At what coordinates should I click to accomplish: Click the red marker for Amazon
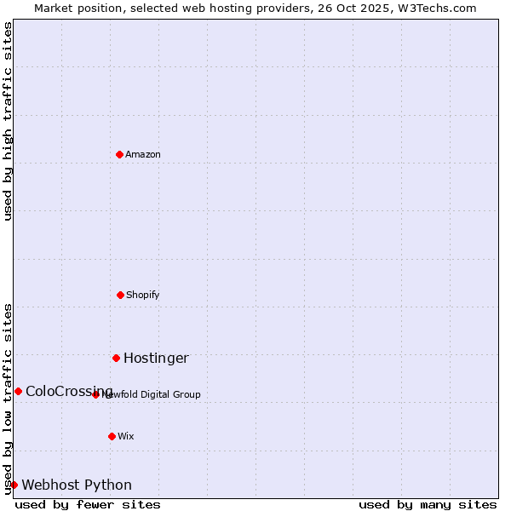[119, 154]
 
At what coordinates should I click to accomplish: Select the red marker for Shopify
[120, 295]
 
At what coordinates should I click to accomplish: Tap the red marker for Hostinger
[116, 358]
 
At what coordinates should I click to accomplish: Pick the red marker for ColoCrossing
[18, 391]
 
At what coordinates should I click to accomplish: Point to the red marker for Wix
[112, 436]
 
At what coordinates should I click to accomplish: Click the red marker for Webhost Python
[14, 485]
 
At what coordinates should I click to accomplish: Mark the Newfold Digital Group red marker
[95, 394]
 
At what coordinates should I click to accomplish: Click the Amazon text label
[143, 154]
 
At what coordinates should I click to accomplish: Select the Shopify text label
[143, 295]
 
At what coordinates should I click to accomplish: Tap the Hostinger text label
[156, 358]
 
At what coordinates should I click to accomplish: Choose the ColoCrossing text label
[68, 391]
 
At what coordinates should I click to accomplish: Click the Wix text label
[126, 436]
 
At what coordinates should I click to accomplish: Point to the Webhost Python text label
[77, 485]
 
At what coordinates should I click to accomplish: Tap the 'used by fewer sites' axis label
[88, 504]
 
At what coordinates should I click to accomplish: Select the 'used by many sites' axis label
[428, 504]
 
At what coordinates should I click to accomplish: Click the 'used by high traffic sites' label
[8, 121]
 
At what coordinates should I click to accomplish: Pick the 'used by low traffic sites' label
[8, 399]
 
